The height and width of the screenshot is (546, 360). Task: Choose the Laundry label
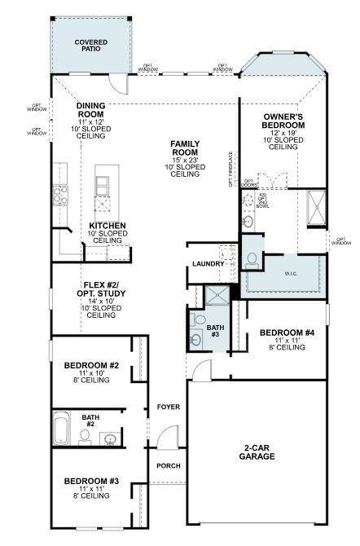[x=208, y=264]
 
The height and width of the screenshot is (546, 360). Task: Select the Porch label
[x=169, y=465]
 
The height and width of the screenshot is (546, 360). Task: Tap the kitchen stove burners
[x=60, y=194]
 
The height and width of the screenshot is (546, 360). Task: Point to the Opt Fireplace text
[x=231, y=168]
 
